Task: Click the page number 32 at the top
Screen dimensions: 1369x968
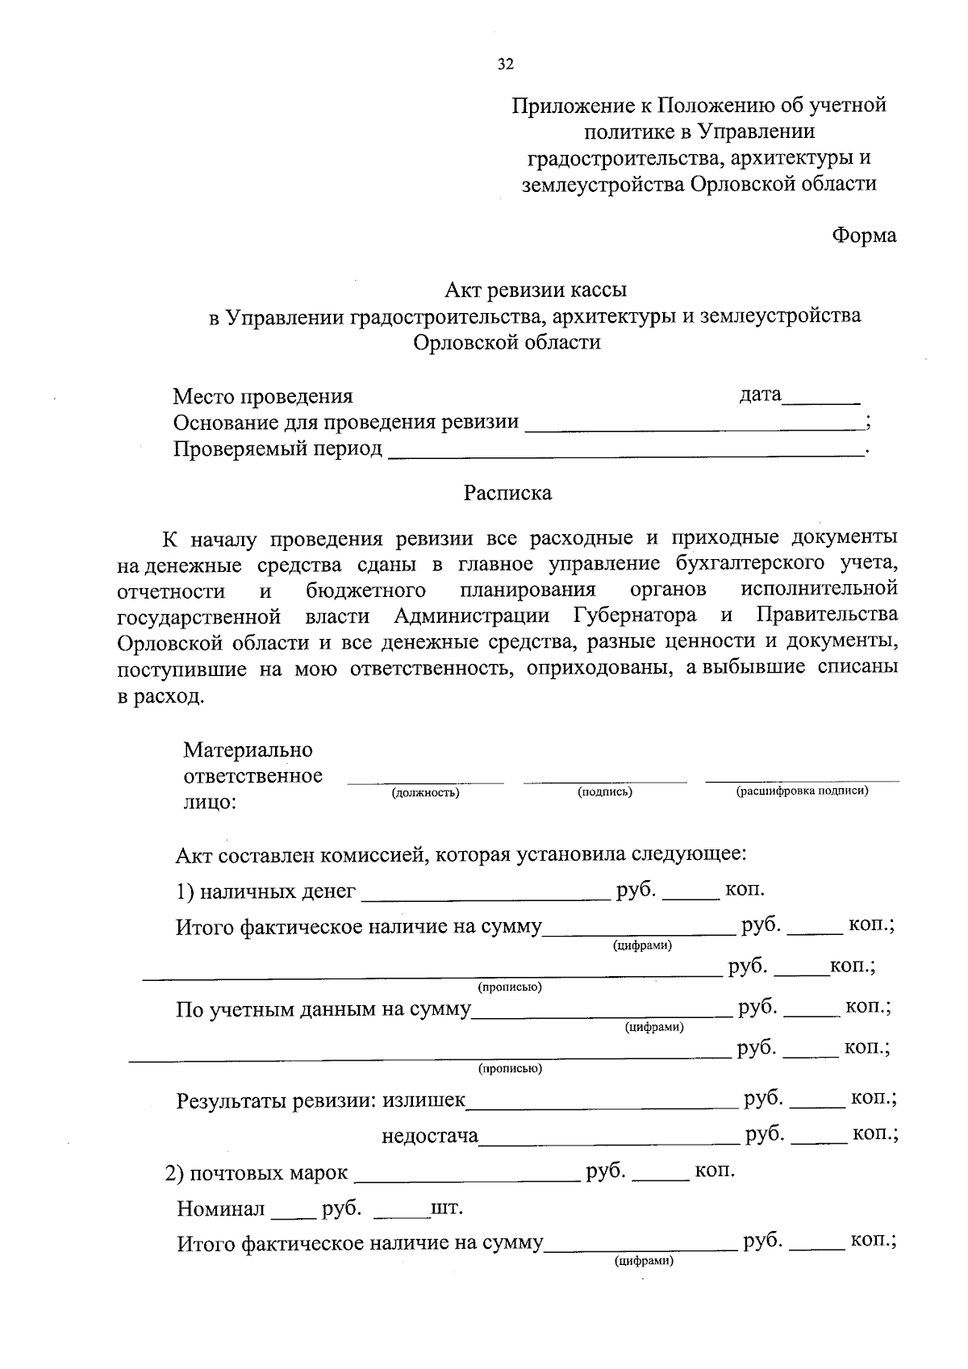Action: (506, 65)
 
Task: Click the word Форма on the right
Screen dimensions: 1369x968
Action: (864, 236)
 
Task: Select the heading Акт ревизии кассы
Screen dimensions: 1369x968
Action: (536, 289)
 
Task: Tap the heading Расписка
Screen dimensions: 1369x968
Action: (507, 492)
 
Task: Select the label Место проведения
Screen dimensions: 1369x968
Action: (263, 396)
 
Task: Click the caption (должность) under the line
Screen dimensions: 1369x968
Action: (425, 792)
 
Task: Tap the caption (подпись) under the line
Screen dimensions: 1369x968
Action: (605, 792)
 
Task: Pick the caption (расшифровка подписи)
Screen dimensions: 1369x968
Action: (802, 791)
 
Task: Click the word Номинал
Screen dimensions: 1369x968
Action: (221, 1209)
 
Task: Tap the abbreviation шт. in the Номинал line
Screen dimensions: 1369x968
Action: (447, 1209)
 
